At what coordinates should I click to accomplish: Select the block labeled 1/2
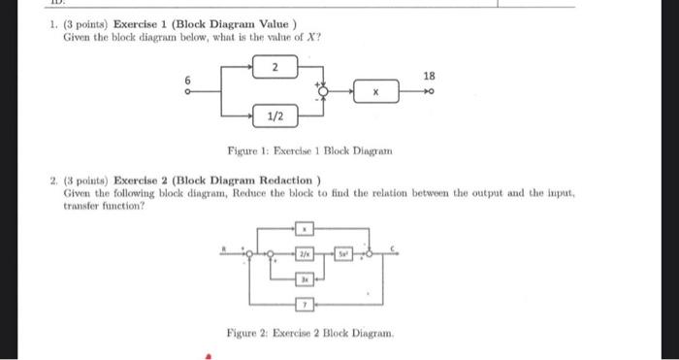tap(275, 116)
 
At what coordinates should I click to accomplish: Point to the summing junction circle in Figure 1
tap(325, 93)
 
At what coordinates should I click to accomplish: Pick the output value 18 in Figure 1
tap(430, 75)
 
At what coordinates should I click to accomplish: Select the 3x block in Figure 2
tap(304, 278)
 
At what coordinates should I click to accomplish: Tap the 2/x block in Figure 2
tap(305, 254)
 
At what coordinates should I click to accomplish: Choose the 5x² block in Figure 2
tap(341, 254)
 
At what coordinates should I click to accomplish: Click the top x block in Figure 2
tap(305, 229)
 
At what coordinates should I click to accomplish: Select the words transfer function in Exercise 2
tap(100, 205)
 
